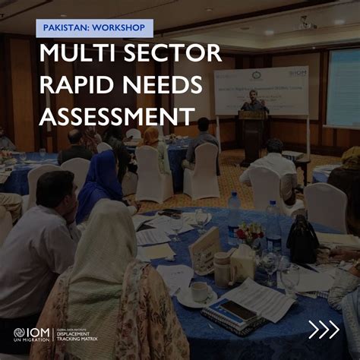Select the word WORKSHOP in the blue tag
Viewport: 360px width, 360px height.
pyautogui.click(x=117, y=28)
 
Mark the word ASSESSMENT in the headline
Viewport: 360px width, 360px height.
pyautogui.click(x=114, y=116)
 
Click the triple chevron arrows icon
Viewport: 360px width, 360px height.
pyautogui.click(x=323, y=330)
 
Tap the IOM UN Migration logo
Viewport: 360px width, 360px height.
pyautogui.click(x=30, y=335)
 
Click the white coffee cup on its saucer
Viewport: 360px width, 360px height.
pyautogui.click(x=199, y=292)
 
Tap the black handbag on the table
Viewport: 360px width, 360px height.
pyautogui.click(x=302, y=242)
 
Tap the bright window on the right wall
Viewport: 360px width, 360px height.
pyautogui.click(x=343, y=87)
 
